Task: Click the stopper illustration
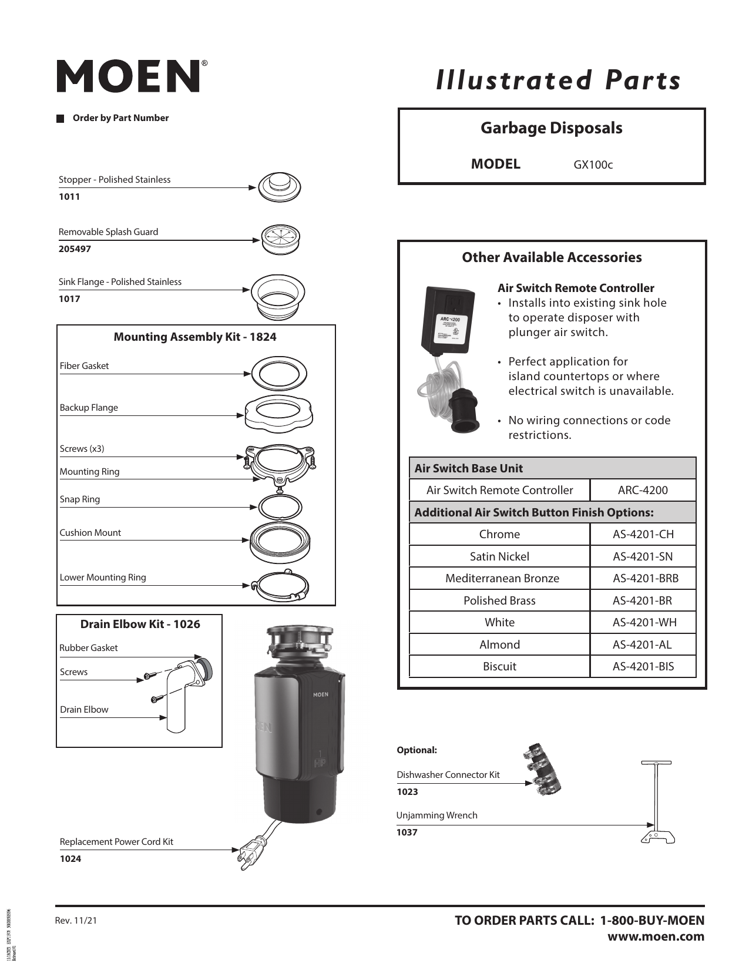[x=279, y=187]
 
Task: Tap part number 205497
[x=75, y=249]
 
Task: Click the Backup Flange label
[x=89, y=408]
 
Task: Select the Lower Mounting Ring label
[x=103, y=578]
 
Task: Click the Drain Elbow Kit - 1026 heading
[x=140, y=624]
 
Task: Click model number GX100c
[x=593, y=165]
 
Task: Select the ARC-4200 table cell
[x=643, y=491]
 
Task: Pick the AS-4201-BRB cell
[x=645, y=579]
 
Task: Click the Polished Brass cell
[x=499, y=600]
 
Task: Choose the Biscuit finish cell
[x=499, y=667]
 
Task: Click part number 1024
[x=70, y=859]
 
